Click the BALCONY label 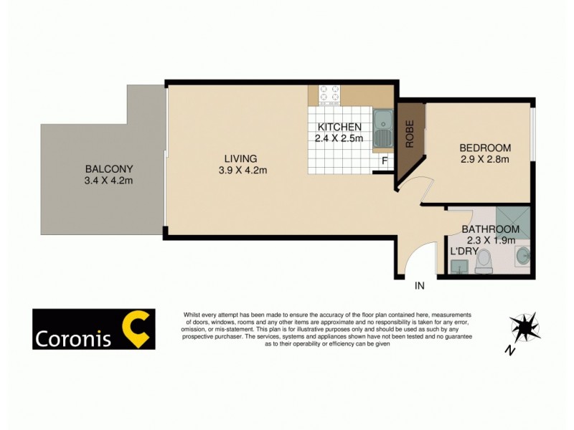[109, 169]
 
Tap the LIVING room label [240, 158]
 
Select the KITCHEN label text [339, 127]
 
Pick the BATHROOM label [490, 229]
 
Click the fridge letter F [385, 161]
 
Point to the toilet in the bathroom [484, 260]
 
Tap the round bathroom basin [522, 254]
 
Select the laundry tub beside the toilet [458, 267]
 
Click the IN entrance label [420, 286]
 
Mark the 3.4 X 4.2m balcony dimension [109, 181]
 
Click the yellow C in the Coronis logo [136, 329]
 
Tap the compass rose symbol [525, 328]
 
